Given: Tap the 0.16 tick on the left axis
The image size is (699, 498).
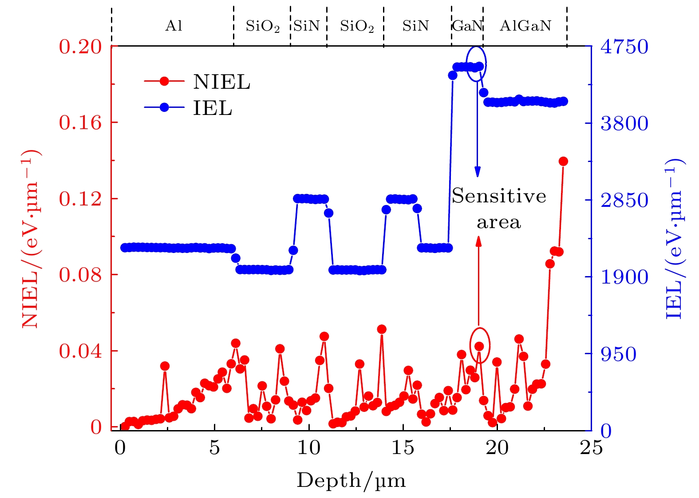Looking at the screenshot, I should coord(80,123).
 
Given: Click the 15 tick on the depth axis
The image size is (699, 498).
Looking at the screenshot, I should coord(403,448).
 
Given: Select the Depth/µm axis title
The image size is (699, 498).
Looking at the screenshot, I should coord(351,481).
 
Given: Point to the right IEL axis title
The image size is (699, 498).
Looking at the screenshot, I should coord(675,239).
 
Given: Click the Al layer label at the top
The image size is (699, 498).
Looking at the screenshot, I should coord(174,26).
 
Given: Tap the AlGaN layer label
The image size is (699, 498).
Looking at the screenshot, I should coord(525,26).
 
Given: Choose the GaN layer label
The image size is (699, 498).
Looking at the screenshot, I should coord(467,26).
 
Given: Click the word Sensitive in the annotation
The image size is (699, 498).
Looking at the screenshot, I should coord(499,196).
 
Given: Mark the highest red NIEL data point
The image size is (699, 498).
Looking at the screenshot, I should coord(563,161).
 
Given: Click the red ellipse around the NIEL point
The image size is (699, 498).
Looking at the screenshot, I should coord(480,345).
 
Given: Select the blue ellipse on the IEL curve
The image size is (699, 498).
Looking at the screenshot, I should coord(476,64).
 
